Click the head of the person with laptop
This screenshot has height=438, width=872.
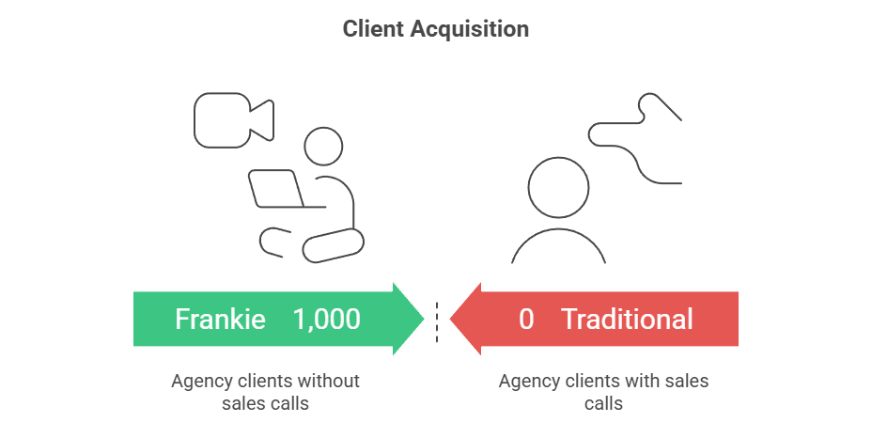pos(324,149)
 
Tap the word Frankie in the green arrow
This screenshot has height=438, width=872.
pos(219,320)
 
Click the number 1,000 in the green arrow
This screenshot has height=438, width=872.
pos(326,320)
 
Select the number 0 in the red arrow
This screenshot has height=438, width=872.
pos(526,320)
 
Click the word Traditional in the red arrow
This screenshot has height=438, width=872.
pos(627,320)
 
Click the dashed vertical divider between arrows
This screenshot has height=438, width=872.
pos(436,322)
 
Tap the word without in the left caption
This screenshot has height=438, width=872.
pos(328,382)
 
